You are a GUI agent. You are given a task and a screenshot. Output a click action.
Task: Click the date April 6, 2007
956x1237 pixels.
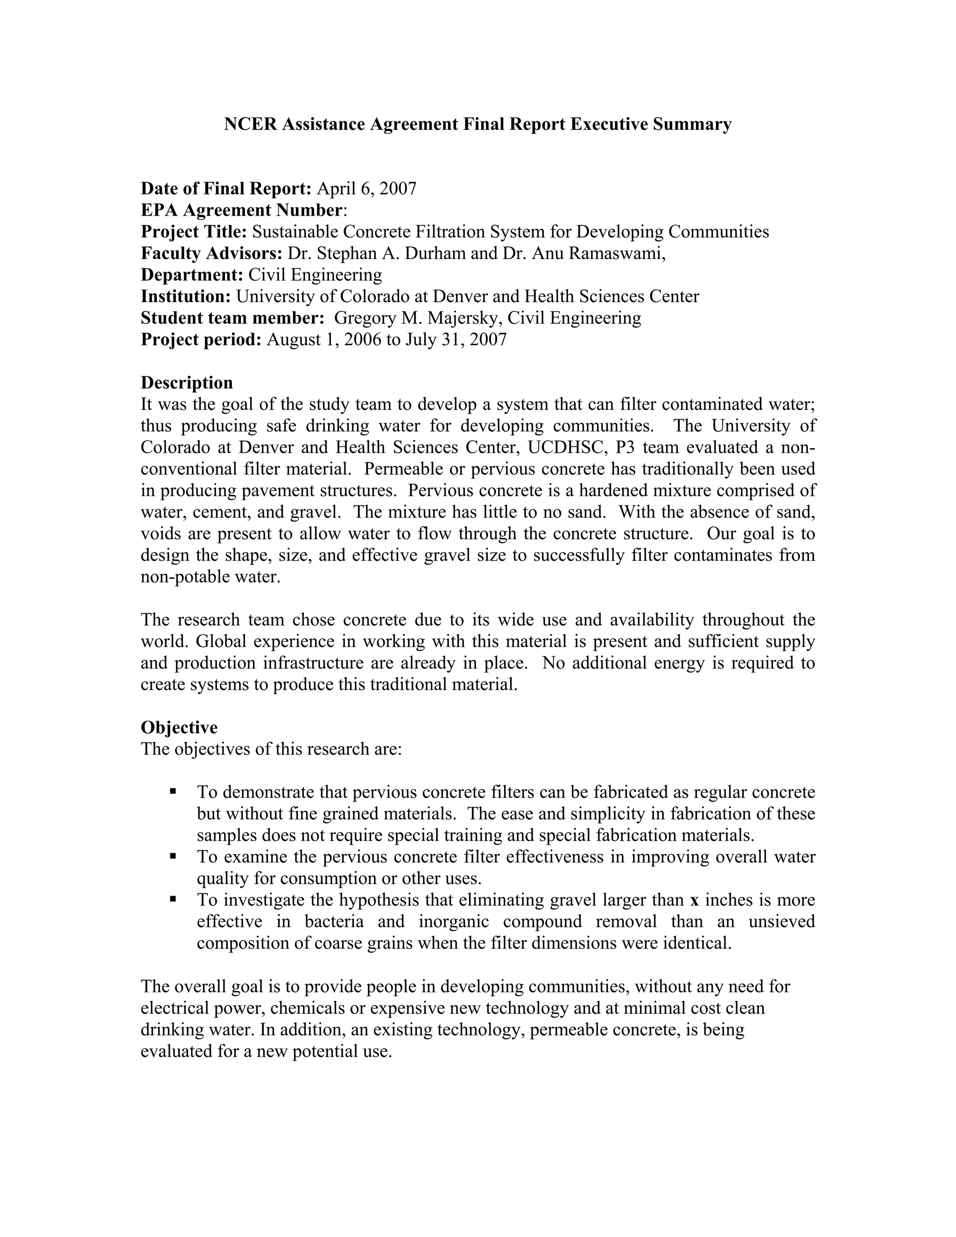[x=366, y=189]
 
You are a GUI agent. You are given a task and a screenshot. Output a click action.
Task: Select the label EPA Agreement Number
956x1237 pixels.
[x=241, y=210]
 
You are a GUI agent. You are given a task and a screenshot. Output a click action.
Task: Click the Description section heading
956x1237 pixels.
[x=187, y=382]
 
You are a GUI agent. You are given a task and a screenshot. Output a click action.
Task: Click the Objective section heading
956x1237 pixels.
[x=179, y=727]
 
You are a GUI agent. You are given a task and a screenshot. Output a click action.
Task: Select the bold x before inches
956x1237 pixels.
[x=694, y=900]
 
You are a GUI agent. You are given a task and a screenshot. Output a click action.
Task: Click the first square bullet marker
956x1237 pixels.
[x=173, y=791]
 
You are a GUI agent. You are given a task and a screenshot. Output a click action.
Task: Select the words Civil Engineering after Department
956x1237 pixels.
[x=316, y=274]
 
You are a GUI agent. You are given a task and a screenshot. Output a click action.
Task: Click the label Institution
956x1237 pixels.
[x=186, y=296]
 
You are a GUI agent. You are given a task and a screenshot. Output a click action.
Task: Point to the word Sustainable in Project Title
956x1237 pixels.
[x=295, y=232]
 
